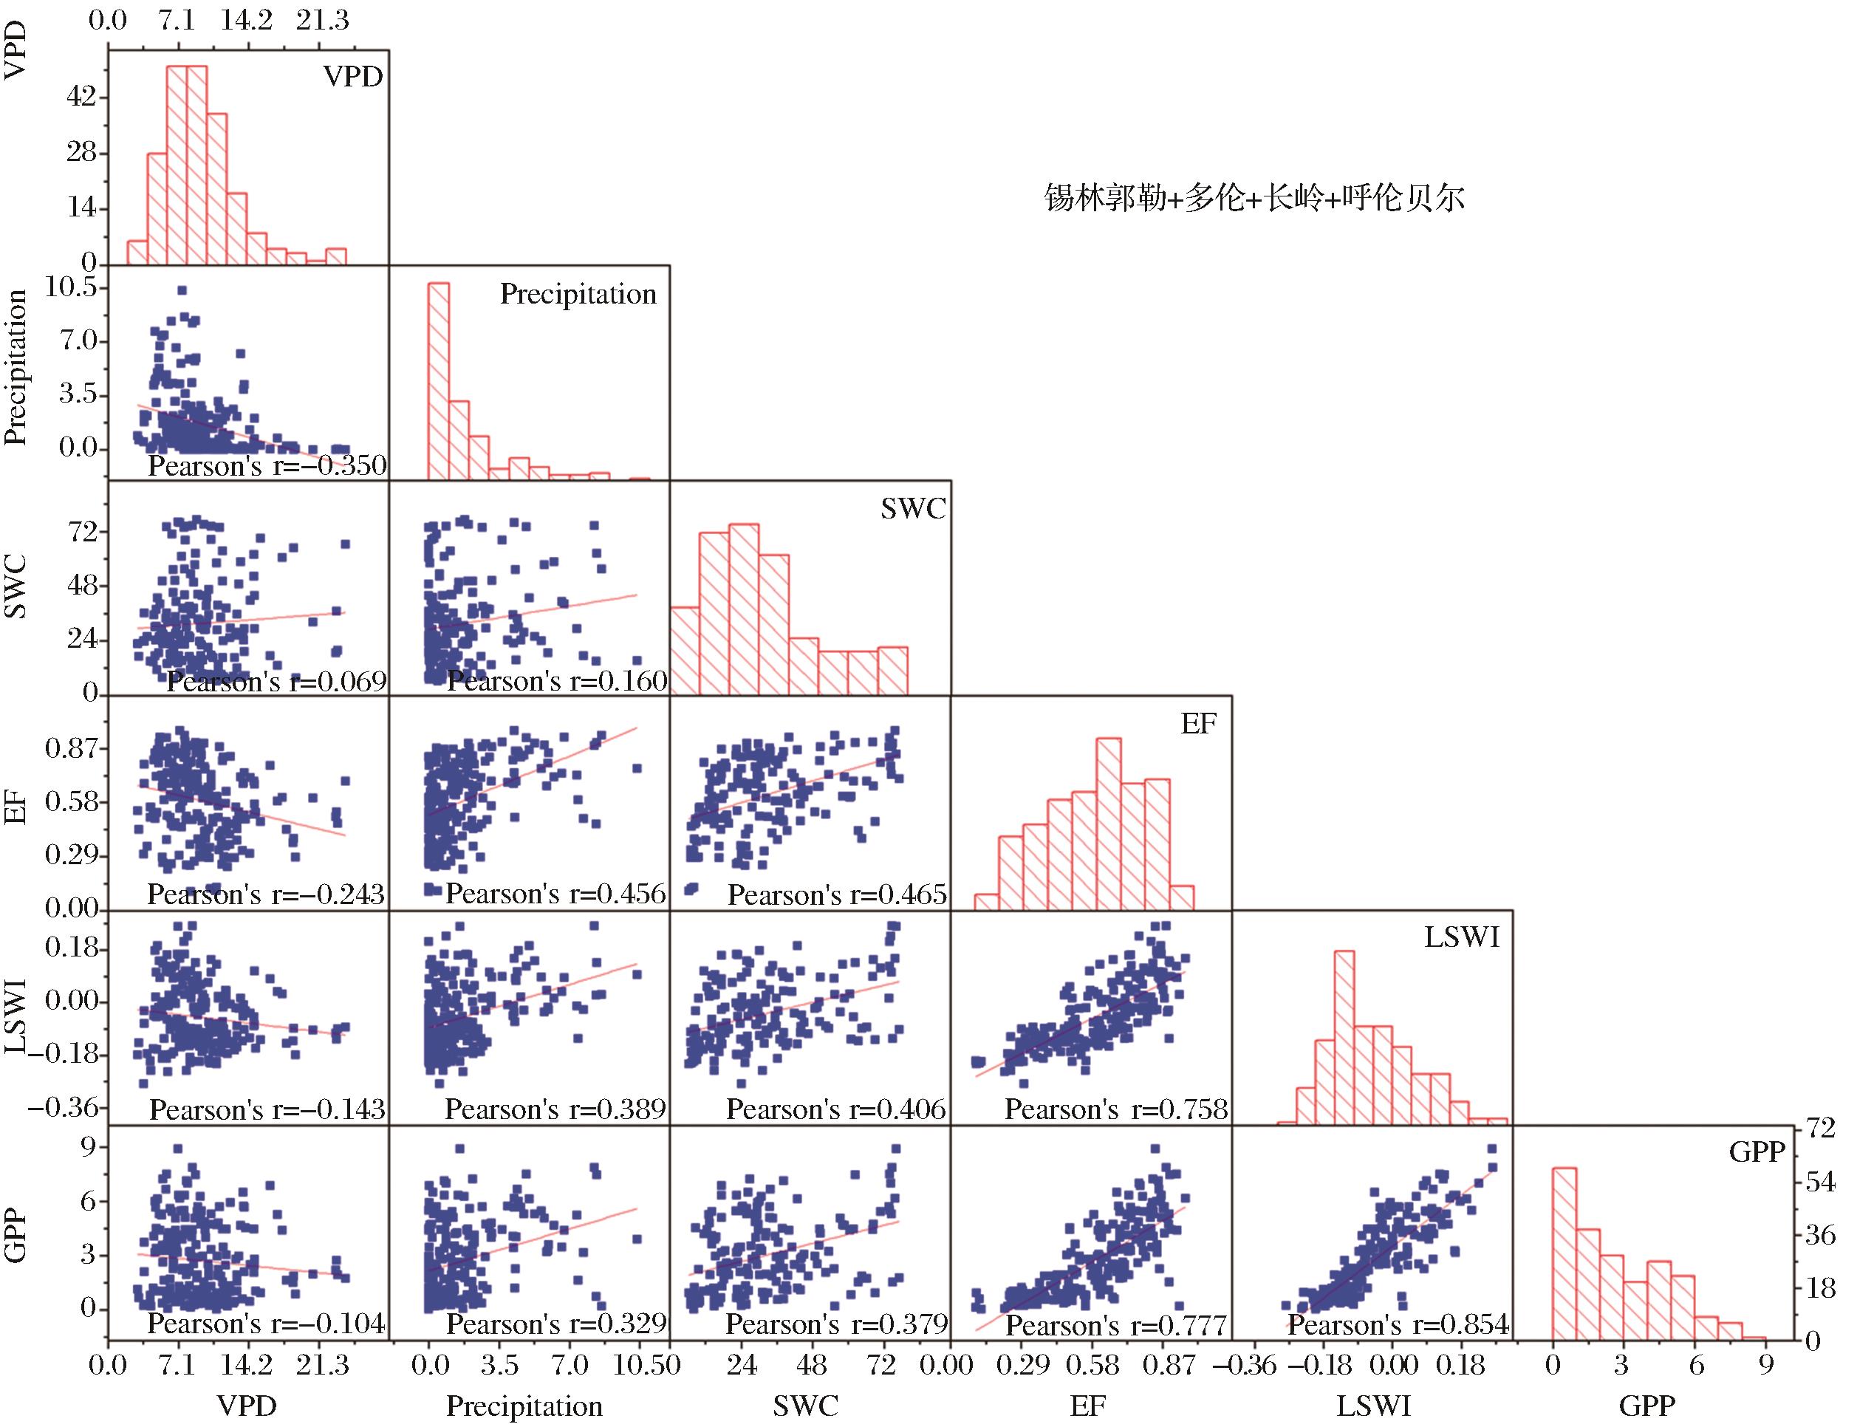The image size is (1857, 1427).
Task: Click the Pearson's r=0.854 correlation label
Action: (1398, 1325)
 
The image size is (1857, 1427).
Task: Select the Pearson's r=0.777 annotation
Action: (1116, 1326)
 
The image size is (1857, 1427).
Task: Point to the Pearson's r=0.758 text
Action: (1116, 1109)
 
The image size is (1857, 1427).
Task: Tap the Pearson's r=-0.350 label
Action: (267, 465)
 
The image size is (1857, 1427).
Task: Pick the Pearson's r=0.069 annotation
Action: (276, 681)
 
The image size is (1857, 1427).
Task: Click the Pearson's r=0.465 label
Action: (837, 894)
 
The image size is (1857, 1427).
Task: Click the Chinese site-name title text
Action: (1254, 199)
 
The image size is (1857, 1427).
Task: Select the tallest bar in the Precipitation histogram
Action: (438, 380)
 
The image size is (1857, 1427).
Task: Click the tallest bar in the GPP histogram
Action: (1564, 1255)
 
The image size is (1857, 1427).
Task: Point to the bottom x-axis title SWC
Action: (804, 1406)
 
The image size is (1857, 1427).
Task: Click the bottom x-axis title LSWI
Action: (1372, 1406)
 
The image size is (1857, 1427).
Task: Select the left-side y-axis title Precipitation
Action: (16, 367)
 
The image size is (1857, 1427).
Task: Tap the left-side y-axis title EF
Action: (16, 809)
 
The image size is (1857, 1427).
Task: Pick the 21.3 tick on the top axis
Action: (322, 21)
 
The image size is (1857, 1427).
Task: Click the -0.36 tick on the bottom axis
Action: (1244, 1365)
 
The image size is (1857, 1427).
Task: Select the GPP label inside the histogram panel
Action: (1757, 1151)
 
